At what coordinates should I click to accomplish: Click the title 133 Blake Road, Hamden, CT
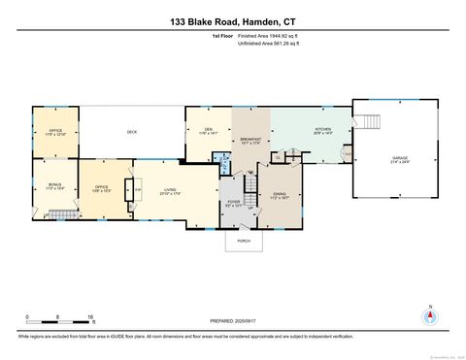coord(232,20)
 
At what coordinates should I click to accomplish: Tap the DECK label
coord(131,132)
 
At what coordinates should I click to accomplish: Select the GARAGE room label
coord(398,157)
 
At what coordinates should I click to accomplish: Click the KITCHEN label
coord(322,129)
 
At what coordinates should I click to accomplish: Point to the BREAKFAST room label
coord(250,139)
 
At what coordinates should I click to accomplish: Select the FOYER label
coord(232,203)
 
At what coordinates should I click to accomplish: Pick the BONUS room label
coord(54,186)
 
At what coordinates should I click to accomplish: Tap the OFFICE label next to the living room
coord(101,187)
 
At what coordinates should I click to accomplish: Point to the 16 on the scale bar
coord(90,317)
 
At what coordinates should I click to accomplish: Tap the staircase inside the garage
coord(370,123)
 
